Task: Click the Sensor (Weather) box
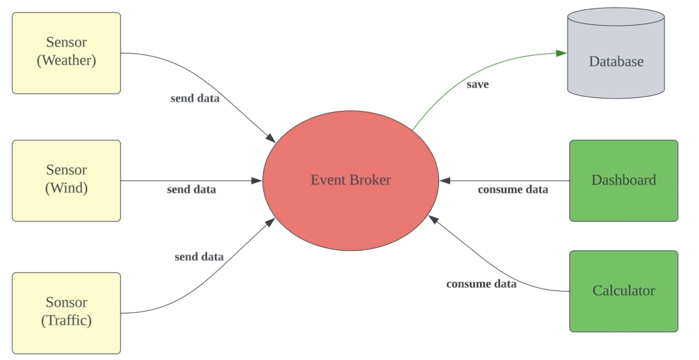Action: pos(66,52)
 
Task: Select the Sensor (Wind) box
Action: pos(66,180)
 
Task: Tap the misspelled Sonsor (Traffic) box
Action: pos(66,313)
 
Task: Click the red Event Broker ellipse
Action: pos(351,181)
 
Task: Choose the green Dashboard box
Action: pos(623,181)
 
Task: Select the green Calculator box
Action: pos(623,291)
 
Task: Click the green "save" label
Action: pos(478,85)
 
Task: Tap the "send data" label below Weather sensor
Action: pos(195,98)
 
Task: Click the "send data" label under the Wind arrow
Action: pos(191,190)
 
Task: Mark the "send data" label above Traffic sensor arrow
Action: pos(199,257)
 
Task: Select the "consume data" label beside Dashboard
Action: pos(512,190)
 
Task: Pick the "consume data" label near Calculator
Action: pos(481,284)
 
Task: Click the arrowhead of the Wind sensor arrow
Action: pos(257,181)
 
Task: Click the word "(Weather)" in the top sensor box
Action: pos(66,60)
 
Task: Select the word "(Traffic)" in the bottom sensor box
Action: pos(66,321)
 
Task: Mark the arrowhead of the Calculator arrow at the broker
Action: pos(433,219)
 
